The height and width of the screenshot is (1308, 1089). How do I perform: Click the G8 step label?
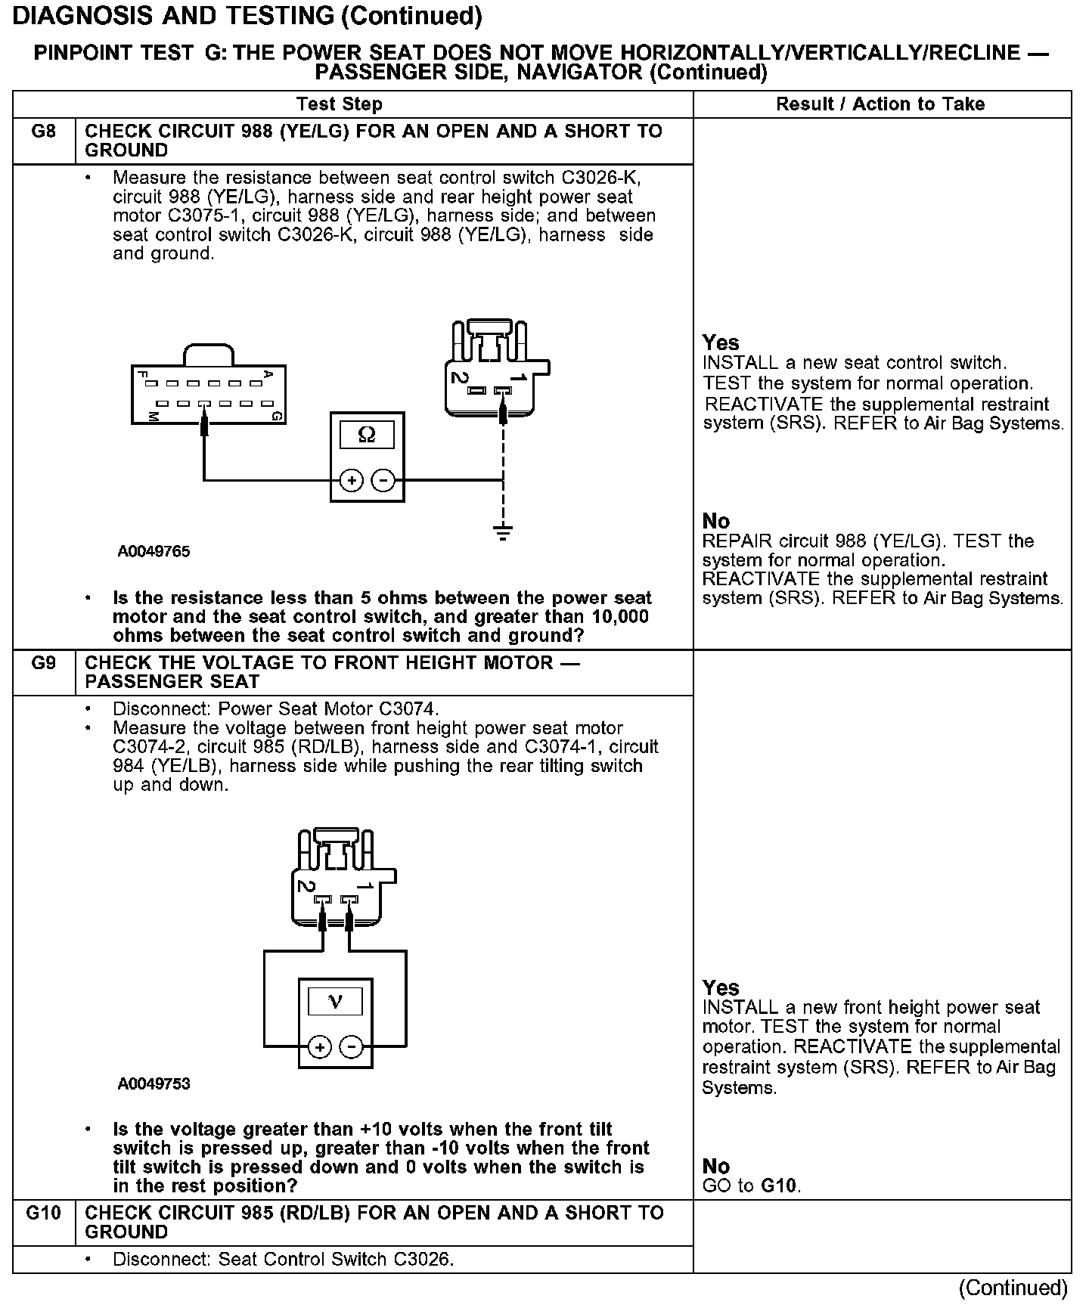point(44,132)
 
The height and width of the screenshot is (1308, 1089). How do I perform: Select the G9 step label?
point(44,663)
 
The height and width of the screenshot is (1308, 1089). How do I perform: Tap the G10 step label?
point(44,1213)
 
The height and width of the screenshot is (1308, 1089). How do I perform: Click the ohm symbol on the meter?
point(367,435)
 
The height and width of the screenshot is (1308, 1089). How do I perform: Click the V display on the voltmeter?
point(335,1003)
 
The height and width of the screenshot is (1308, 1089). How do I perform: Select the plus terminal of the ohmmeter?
point(351,480)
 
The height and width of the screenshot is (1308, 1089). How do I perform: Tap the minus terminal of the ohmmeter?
point(383,480)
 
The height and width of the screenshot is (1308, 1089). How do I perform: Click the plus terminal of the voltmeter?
point(320,1047)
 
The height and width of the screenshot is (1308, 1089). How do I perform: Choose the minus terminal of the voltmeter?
point(352,1047)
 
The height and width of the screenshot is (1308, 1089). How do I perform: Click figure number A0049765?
point(154,552)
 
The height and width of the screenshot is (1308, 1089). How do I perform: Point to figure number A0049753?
point(154,1084)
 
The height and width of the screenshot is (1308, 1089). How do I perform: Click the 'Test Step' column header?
point(340,104)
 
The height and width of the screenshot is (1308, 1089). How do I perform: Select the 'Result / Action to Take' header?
point(880,104)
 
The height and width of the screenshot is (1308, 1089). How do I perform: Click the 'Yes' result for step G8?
point(721,342)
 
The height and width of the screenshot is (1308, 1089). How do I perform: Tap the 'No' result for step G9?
point(716,1166)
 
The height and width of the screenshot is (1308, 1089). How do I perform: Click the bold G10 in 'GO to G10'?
point(779,1186)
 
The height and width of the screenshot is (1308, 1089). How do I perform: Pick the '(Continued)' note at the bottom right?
point(1013,1288)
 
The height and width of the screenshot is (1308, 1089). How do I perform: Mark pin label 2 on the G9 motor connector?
point(305,886)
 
